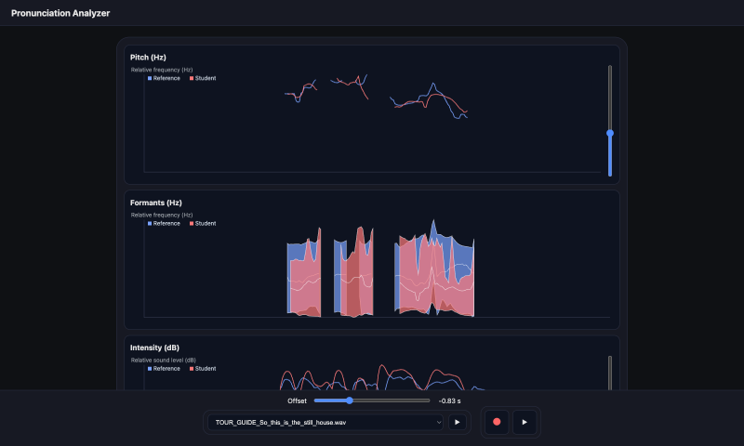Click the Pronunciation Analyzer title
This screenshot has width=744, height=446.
[60, 13]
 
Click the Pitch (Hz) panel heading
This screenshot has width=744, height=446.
[148, 58]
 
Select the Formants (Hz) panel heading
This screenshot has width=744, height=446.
[155, 203]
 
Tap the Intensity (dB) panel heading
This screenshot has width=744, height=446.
[154, 348]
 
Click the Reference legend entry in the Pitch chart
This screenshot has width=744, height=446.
[164, 78]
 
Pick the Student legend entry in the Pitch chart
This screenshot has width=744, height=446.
[203, 78]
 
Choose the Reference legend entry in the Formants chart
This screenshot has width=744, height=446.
[164, 224]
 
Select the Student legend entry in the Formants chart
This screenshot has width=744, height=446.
[203, 224]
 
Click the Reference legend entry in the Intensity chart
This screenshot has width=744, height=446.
[164, 369]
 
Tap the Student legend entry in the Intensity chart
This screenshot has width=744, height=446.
[203, 369]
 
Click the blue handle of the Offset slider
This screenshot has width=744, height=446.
[350, 400]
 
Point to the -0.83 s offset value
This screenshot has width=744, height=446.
[449, 401]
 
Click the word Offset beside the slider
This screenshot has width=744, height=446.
[297, 401]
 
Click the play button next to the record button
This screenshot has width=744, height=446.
[525, 422]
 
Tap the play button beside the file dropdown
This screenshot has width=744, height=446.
[458, 422]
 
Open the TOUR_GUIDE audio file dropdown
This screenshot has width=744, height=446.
[325, 422]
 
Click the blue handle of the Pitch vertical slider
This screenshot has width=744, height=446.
[610, 133]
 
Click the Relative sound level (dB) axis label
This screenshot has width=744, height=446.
[164, 361]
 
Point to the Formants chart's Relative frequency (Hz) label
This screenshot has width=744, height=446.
[162, 216]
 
